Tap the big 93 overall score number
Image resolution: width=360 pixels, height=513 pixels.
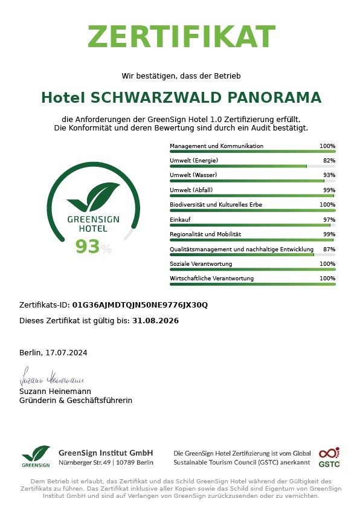(87, 247)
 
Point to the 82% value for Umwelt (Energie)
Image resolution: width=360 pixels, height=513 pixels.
(329, 161)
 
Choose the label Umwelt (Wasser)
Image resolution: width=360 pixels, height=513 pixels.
(194, 175)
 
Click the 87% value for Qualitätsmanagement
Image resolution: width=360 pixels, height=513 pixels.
(329, 249)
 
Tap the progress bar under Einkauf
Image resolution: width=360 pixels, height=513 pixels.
(252, 225)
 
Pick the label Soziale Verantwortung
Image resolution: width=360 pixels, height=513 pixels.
(201, 264)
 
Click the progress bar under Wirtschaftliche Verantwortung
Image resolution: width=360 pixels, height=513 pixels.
(252, 284)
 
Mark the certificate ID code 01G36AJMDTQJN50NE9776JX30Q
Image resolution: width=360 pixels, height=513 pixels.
(140, 305)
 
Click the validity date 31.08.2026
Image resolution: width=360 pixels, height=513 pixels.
(155, 321)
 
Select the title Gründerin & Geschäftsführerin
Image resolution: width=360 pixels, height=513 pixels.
(76, 401)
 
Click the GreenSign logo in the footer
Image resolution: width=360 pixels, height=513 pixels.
(36, 456)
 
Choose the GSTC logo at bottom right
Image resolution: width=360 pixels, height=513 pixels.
(329, 457)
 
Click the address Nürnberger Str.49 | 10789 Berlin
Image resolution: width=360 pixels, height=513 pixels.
(106, 463)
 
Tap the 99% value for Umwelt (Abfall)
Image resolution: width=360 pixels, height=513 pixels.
(329, 190)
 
